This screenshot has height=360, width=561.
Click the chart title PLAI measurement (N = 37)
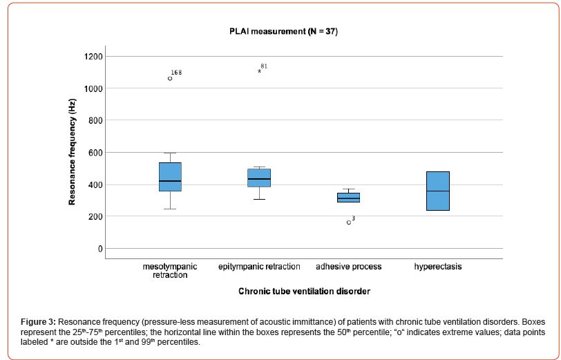point(283,32)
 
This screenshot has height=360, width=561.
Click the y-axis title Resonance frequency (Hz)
point(72,152)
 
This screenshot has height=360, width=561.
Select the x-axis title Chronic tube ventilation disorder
point(304,292)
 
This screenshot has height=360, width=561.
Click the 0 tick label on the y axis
point(99,249)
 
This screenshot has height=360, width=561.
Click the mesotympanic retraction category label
point(170,270)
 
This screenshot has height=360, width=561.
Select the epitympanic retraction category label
point(259,266)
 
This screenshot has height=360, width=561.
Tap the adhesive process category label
point(348,266)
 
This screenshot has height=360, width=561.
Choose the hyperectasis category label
point(438,266)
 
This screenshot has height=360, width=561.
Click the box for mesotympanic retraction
point(170,187)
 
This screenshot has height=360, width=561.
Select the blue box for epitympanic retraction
point(259,178)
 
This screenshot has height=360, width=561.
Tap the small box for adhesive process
point(348,198)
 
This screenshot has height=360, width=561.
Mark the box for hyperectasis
point(438,191)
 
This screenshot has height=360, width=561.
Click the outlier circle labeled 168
point(170,78)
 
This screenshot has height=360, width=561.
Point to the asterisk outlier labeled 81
point(260,71)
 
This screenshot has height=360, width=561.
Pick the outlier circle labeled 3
point(349,222)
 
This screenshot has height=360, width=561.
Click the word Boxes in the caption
point(533,322)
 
